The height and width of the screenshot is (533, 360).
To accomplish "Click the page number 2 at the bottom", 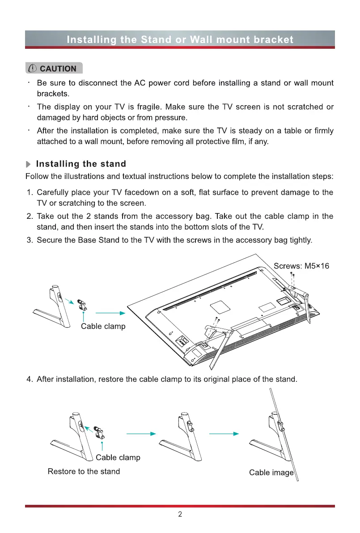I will [x=180, y=514].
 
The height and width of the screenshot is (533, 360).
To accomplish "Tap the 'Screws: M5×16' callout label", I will [x=301, y=266].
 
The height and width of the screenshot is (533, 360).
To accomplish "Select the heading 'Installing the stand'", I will [x=81, y=164].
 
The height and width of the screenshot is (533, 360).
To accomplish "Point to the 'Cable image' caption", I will [x=271, y=473].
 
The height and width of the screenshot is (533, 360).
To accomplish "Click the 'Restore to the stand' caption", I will [x=84, y=471].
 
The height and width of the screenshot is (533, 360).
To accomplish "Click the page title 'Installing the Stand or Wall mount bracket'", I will [x=180, y=39].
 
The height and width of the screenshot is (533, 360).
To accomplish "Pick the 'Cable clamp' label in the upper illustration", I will [x=103, y=326].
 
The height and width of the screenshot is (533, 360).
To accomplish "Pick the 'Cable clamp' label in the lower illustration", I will [x=118, y=457].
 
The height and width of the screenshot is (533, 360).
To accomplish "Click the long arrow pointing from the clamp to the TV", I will [x=110, y=313].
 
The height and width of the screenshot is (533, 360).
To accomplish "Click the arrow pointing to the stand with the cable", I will [x=224, y=434].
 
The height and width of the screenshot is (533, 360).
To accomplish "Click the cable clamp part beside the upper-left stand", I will [x=82, y=304].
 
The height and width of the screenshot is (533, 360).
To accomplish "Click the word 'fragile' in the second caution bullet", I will [x=150, y=107].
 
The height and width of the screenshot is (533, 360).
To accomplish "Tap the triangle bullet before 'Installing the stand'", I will [x=29, y=164].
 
